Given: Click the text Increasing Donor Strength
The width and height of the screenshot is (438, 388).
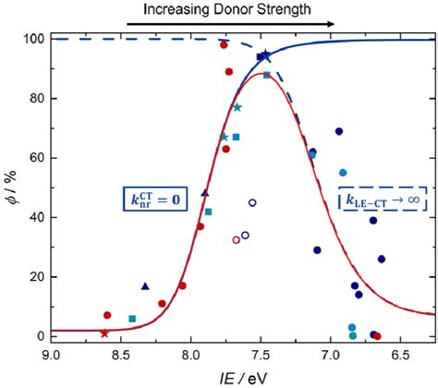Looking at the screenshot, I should coord(213,10).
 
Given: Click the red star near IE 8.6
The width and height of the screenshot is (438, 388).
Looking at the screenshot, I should coord(104,333).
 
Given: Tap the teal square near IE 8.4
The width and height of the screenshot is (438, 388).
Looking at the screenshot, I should coord(132,319).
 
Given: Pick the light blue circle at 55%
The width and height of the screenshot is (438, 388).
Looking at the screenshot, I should coord(343,173).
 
